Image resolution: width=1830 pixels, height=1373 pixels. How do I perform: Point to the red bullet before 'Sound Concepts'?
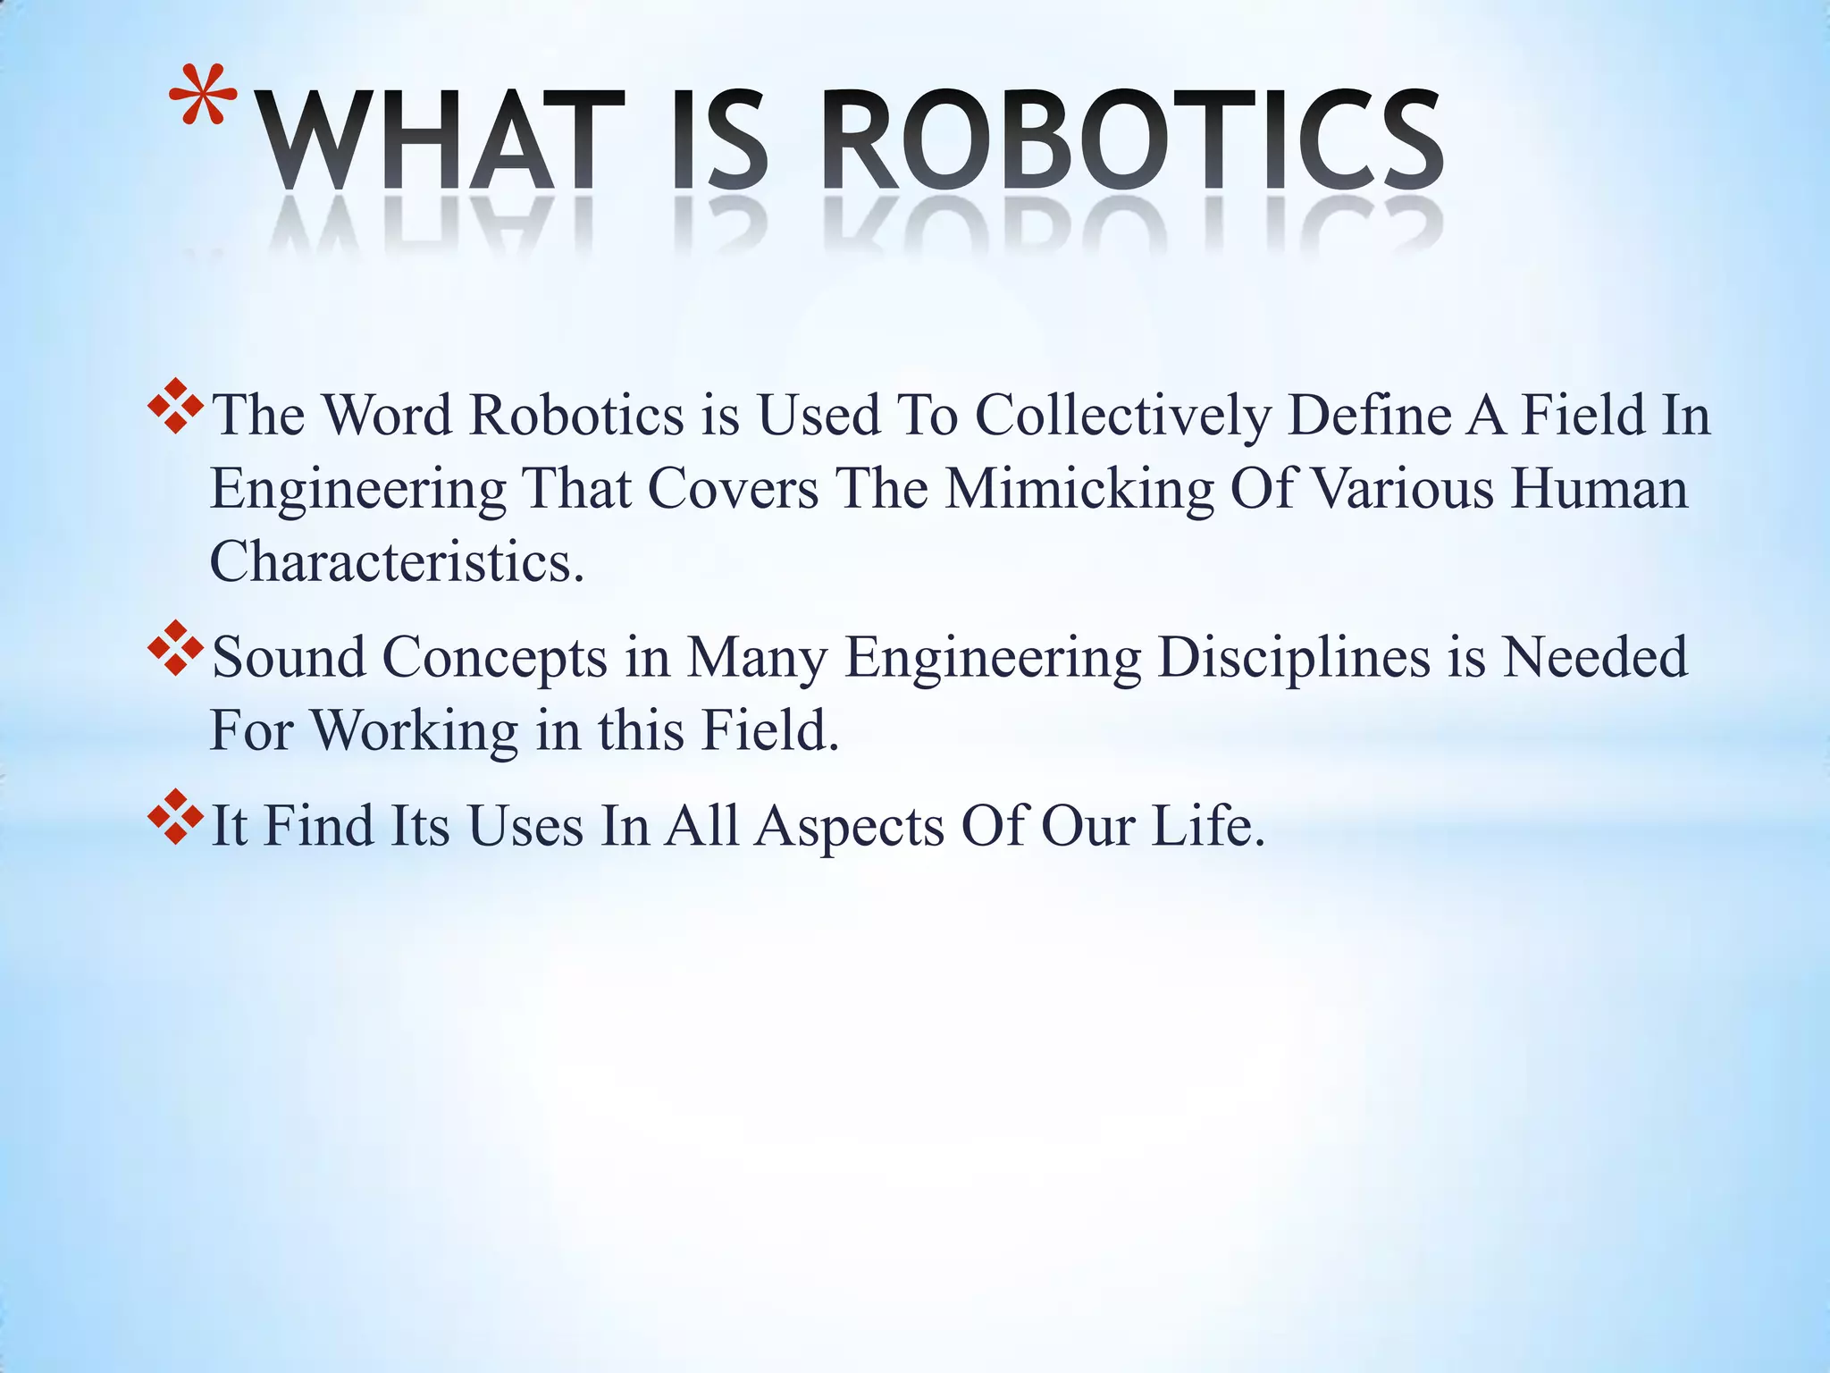[x=176, y=647]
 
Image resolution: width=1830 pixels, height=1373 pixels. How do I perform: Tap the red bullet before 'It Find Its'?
[x=176, y=815]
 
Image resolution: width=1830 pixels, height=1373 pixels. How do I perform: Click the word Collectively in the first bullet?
[x=1122, y=416]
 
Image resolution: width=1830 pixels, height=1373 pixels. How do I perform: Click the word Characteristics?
[x=397, y=562]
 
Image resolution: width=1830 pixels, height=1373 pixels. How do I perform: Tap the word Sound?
[x=290, y=657]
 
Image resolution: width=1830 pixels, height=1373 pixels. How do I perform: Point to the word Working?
[x=415, y=731]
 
